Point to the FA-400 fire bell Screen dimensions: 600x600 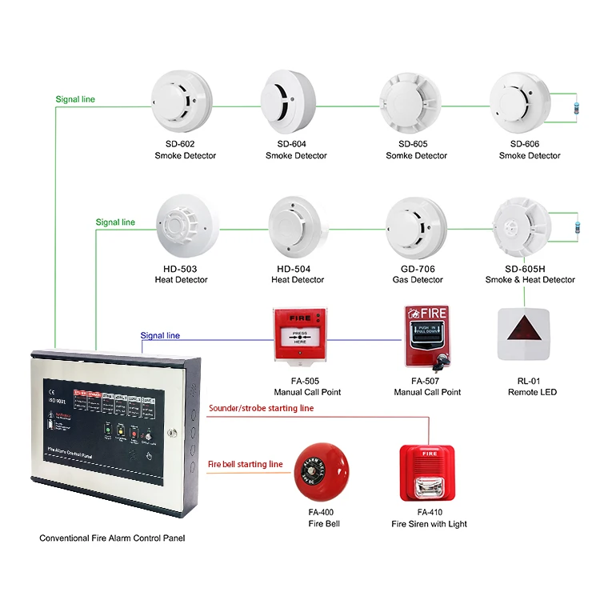coord(319,472)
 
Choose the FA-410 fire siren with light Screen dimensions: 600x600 coord(428,473)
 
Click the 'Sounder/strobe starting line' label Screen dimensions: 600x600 coord(261,408)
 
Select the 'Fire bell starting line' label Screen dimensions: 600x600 coord(246,464)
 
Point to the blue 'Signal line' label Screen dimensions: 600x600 coord(160,336)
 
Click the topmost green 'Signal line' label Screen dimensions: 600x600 coord(75,100)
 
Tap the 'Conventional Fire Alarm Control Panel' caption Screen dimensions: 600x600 coord(112,538)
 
